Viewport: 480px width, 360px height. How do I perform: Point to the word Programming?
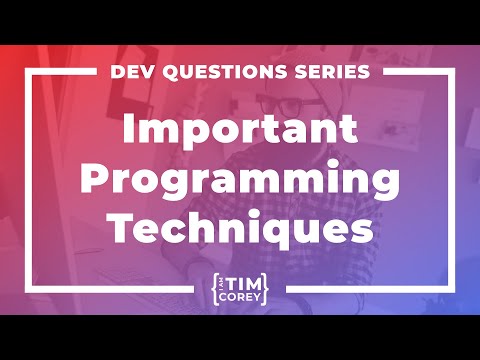pyautogui.click(x=240, y=180)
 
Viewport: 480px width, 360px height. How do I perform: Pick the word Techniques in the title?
pyautogui.click(x=240, y=227)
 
